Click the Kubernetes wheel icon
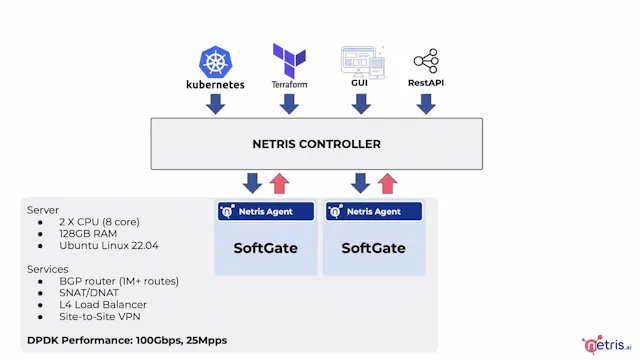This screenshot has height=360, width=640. pyautogui.click(x=215, y=62)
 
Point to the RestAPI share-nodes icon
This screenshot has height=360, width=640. pyautogui.click(x=426, y=61)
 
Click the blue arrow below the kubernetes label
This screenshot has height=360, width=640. pyautogui.click(x=215, y=104)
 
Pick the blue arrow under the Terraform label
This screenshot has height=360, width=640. pyautogui.click(x=289, y=104)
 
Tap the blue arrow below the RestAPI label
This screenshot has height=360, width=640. pyautogui.click(x=426, y=104)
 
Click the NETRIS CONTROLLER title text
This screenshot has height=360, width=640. pyautogui.click(x=316, y=144)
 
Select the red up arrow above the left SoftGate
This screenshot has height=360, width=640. pyautogui.click(x=280, y=183)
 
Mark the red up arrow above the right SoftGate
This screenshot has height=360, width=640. pyautogui.click(x=387, y=183)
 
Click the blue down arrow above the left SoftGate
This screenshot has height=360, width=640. pyautogui.click(x=253, y=183)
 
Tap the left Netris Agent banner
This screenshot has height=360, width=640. pyautogui.click(x=266, y=212)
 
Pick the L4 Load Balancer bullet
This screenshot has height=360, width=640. pyautogui.click(x=103, y=304)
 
